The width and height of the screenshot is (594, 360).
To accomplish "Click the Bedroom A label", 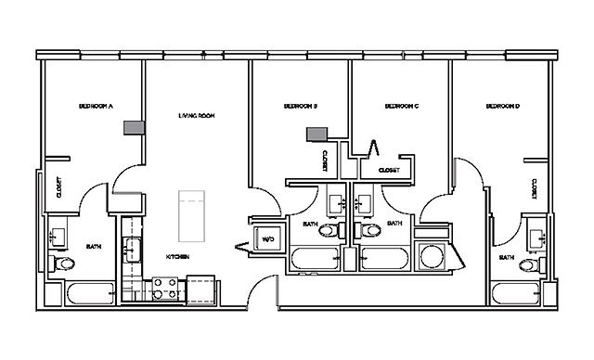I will (x=96, y=107).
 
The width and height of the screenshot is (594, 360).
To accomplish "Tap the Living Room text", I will (x=197, y=116).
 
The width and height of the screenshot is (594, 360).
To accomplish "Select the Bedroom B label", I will (x=301, y=107).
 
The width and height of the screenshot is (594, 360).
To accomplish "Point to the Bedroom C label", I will (x=403, y=107).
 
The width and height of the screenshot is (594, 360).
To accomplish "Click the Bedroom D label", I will (x=503, y=107).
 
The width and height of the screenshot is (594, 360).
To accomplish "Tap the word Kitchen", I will (x=178, y=256).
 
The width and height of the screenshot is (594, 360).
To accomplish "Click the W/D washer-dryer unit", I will (x=269, y=238).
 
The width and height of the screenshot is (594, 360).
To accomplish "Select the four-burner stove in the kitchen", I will (x=164, y=288).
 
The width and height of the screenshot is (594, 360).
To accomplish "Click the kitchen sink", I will (x=132, y=249).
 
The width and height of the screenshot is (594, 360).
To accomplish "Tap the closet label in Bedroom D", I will (x=534, y=190).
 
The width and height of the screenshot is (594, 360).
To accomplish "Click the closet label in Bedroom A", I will (x=58, y=186).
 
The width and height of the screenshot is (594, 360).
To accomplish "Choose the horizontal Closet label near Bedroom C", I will (x=389, y=171).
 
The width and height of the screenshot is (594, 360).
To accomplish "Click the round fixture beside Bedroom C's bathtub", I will (x=431, y=255).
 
